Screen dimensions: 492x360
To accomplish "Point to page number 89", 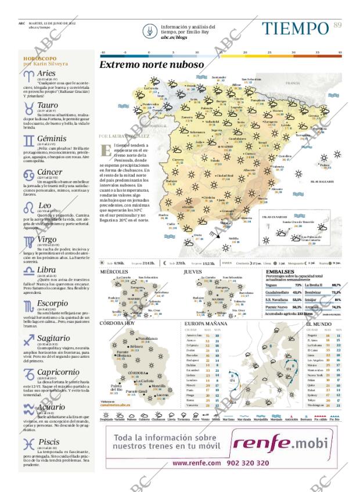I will pyautogui.click(x=337, y=24).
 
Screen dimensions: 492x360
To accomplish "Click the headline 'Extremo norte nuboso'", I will pyautogui.click(x=152, y=65).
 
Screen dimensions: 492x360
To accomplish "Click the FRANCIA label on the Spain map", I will pyautogui.click(x=292, y=84).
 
